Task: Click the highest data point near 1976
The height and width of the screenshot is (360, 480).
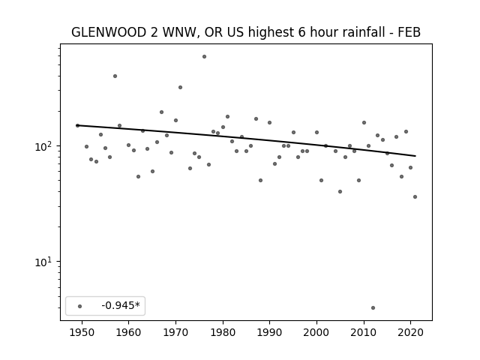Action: pyautogui.click(x=204, y=57)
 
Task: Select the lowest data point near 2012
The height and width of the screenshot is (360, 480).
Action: pyautogui.click(x=373, y=308)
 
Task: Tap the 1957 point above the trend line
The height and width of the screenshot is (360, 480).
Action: pyautogui.click(x=115, y=76)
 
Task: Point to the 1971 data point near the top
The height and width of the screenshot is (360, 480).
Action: pyautogui.click(x=180, y=88)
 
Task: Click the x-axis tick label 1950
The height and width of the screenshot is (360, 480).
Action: pyautogui.click(x=82, y=333)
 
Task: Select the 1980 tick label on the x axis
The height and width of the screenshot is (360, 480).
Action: pyautogui.click(x=223, y=333)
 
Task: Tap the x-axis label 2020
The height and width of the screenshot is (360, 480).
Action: pyautogui.click(x=411, y=333)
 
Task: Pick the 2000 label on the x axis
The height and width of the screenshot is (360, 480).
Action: pyautogui.click(x=316, y=333)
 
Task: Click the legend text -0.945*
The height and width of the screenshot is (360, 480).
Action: pyautogui.click(x=121, y=305)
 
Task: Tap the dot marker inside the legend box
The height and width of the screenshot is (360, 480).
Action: pyautogui.click(x=80, y=307)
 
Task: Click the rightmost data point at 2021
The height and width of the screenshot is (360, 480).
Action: pyautogui.click(x=415, y=196)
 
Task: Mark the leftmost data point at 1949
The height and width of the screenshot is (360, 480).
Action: pyautogui.click(x=77, y=125)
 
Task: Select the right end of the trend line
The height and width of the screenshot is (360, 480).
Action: pyautogui.click(x=415, y=156)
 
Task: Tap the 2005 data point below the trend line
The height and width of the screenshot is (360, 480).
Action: pyautogui.click(x=340, y=192)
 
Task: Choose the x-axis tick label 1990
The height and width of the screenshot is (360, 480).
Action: pyautogui.click(x=270, y=333)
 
